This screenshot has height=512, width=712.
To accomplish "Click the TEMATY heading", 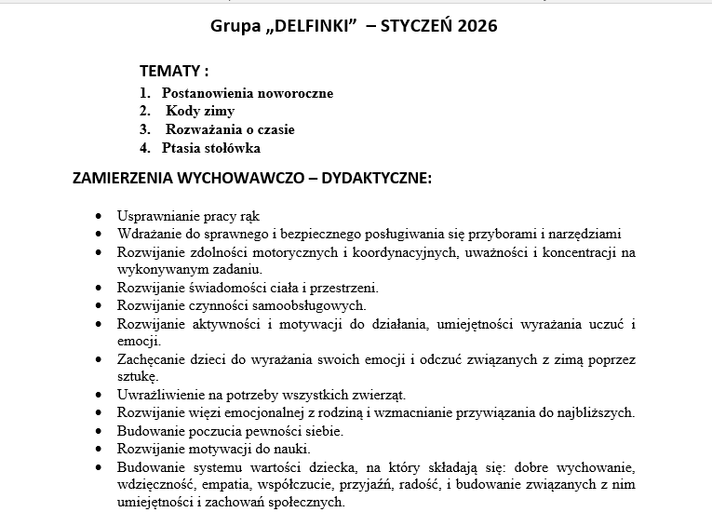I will pos(174,71).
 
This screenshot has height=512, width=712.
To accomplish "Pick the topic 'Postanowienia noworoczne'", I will pos(247,93).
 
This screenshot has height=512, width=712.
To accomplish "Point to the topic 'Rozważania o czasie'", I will pos(230,129).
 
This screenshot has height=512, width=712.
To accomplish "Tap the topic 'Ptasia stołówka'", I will pos(211,148).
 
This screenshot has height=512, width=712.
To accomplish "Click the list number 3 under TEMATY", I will pos(145,129).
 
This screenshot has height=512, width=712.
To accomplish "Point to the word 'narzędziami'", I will pos(585,234).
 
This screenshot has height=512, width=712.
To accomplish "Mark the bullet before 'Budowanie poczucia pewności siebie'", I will pos(100,431).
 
